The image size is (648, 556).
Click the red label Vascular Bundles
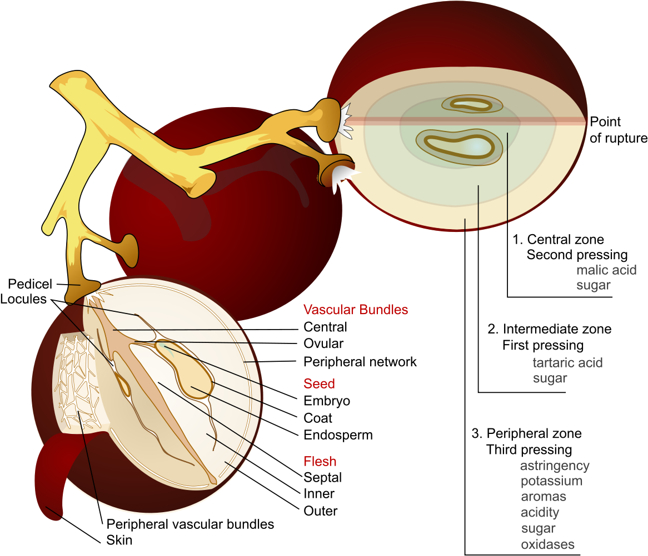tap(356, 310)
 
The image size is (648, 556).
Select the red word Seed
tap(319, 383)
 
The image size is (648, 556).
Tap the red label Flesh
tap(320, 461)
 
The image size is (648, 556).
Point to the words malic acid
tap(606, 270)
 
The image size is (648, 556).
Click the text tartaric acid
tap(567, 363)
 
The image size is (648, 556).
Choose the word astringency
tap(555, 466)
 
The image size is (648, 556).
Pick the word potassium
tap(551, 481)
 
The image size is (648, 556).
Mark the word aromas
tap(543, 497)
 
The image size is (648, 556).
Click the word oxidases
tap(547, 544)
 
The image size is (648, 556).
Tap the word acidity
tap(540, 512)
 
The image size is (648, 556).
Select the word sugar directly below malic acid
tap(593, 285)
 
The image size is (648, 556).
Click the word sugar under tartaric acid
tap(550, 378)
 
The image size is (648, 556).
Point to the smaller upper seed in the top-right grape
tap(471, 103)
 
